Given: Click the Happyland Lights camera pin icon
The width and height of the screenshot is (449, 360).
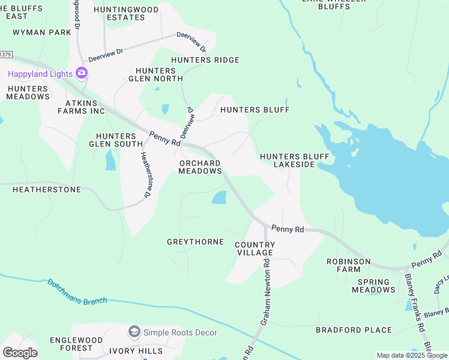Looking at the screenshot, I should (x=82, y=74).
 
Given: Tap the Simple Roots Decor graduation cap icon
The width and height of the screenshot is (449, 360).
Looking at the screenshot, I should (x=134, y=332).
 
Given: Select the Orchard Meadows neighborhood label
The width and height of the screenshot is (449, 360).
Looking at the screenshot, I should (x=200, y=167).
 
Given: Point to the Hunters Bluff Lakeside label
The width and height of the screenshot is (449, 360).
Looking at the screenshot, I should (x=294, y=160).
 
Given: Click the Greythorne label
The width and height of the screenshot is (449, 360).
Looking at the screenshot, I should (x=195, y=242).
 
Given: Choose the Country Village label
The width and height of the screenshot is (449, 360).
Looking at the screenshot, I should (x=255, y=248).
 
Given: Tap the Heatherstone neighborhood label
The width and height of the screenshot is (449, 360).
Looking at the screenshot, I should (x=47, y=190).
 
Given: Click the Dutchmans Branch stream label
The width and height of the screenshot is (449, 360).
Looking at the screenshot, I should (x=77, y=292).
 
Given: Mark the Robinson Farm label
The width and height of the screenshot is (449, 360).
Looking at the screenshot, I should (x=348, y=266).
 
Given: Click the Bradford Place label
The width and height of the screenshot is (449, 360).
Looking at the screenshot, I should (x=354, y=330).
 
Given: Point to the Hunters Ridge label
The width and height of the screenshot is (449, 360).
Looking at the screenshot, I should (x=205, y=60).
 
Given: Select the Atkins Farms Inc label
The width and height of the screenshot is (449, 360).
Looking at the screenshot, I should (x=77, y=107).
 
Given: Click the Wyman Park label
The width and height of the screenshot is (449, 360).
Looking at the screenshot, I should (x=42, y=32).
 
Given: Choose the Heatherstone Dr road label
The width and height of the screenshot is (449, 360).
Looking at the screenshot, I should (x=145, y=175).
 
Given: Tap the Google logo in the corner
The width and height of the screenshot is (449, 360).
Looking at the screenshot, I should (x=20, y=353).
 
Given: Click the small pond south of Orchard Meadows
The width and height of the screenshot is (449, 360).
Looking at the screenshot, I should (x=220, y=197).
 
